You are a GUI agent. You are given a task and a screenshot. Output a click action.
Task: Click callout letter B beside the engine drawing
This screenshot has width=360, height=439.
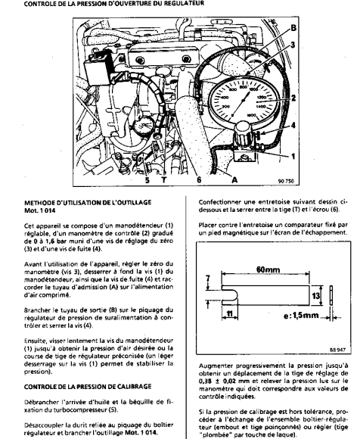293,28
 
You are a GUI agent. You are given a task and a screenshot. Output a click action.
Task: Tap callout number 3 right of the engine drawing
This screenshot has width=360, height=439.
293,45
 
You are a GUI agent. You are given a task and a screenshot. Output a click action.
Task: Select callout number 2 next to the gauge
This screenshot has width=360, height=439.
293,98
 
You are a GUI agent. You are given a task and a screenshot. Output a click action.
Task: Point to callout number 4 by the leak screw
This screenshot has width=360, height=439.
293,126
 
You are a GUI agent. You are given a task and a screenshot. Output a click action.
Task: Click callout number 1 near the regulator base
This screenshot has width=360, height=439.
293,156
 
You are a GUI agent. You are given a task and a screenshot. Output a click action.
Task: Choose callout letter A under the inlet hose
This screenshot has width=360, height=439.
234,179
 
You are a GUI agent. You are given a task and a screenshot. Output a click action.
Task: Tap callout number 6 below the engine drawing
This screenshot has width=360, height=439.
199,179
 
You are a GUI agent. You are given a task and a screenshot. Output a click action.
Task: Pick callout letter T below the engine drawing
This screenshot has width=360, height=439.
164,179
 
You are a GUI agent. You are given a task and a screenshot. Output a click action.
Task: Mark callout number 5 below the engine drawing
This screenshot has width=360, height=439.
147,179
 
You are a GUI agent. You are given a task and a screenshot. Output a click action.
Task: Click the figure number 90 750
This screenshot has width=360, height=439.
286,181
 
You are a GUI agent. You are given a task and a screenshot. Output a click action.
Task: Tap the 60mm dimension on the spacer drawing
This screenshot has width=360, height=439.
268,269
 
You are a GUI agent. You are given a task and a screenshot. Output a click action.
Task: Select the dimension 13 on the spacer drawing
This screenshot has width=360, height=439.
315,296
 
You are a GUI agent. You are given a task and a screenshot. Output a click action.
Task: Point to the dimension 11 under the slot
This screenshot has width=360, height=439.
229,314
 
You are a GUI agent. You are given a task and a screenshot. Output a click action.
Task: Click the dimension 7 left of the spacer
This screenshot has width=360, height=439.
207,279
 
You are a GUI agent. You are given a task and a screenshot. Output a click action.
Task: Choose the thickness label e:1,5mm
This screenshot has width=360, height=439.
301,316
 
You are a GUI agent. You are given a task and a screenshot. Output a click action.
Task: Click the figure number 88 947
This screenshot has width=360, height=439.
337,350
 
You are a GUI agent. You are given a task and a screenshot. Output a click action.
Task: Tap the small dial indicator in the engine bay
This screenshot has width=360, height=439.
143,126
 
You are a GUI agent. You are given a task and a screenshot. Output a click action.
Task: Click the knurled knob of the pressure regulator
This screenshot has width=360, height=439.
242,134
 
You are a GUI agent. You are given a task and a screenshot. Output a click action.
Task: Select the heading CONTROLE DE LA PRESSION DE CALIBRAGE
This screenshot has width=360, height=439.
88,387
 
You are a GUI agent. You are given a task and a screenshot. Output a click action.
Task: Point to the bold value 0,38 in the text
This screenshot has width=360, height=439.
206,381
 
